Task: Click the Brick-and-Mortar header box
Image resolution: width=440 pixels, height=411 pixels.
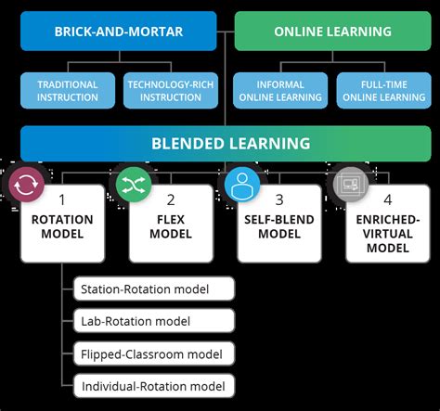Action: (x=119, y=31)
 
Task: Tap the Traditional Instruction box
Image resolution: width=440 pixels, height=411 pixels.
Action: (x=68, y=90)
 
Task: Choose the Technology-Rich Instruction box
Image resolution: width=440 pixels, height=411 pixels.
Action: (x=169, y=90)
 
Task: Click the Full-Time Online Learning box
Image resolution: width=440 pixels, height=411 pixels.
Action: (x=382, y=90)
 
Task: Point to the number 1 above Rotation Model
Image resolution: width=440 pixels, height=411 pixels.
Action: (x=63, y=199)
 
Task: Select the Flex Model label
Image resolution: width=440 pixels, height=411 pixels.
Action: (x=171, y=227)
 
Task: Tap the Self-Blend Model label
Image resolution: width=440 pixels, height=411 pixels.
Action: (x=279, y=227)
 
